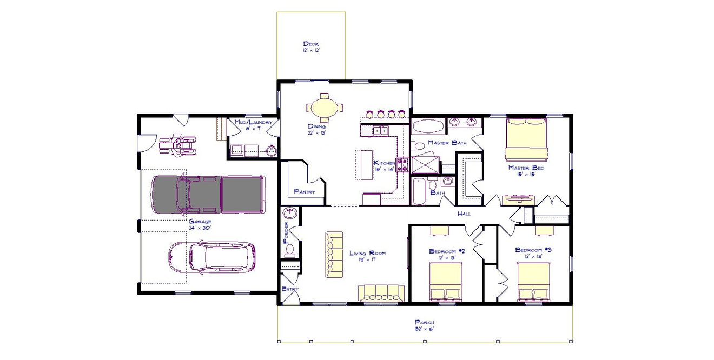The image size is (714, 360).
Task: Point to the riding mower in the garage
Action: (176, 144)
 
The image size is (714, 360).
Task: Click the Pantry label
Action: (305, 191)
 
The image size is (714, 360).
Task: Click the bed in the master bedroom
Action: (526, 140)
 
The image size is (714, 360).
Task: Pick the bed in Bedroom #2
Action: (446, 282)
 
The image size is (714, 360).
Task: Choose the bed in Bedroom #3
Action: (534, 282)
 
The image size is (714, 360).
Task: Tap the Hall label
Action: (464, 214)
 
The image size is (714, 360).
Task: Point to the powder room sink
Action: (290, 213)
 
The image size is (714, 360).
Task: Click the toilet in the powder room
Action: (290, 250)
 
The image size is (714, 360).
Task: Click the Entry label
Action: (290, 290)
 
